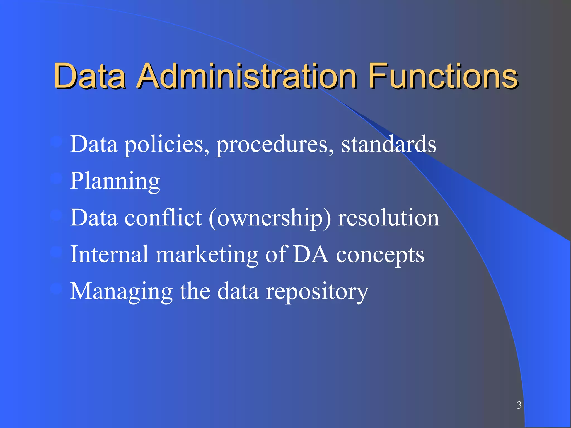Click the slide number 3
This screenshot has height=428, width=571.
click(519, 405)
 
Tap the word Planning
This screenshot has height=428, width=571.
click(115, 181)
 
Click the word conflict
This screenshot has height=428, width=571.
click(163, 218)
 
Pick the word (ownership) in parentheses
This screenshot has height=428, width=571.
click(270, 218)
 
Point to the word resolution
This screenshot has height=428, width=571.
click(388, 218)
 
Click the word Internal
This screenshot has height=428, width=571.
click(109, 254)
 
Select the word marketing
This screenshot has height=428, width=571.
click(207, 255)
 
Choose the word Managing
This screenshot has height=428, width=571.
click(121, 291)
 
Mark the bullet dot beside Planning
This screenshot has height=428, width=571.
click(56, 179)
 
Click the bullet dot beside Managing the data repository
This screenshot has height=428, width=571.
click(56, 289)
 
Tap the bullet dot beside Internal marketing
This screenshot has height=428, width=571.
click(56, 252)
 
